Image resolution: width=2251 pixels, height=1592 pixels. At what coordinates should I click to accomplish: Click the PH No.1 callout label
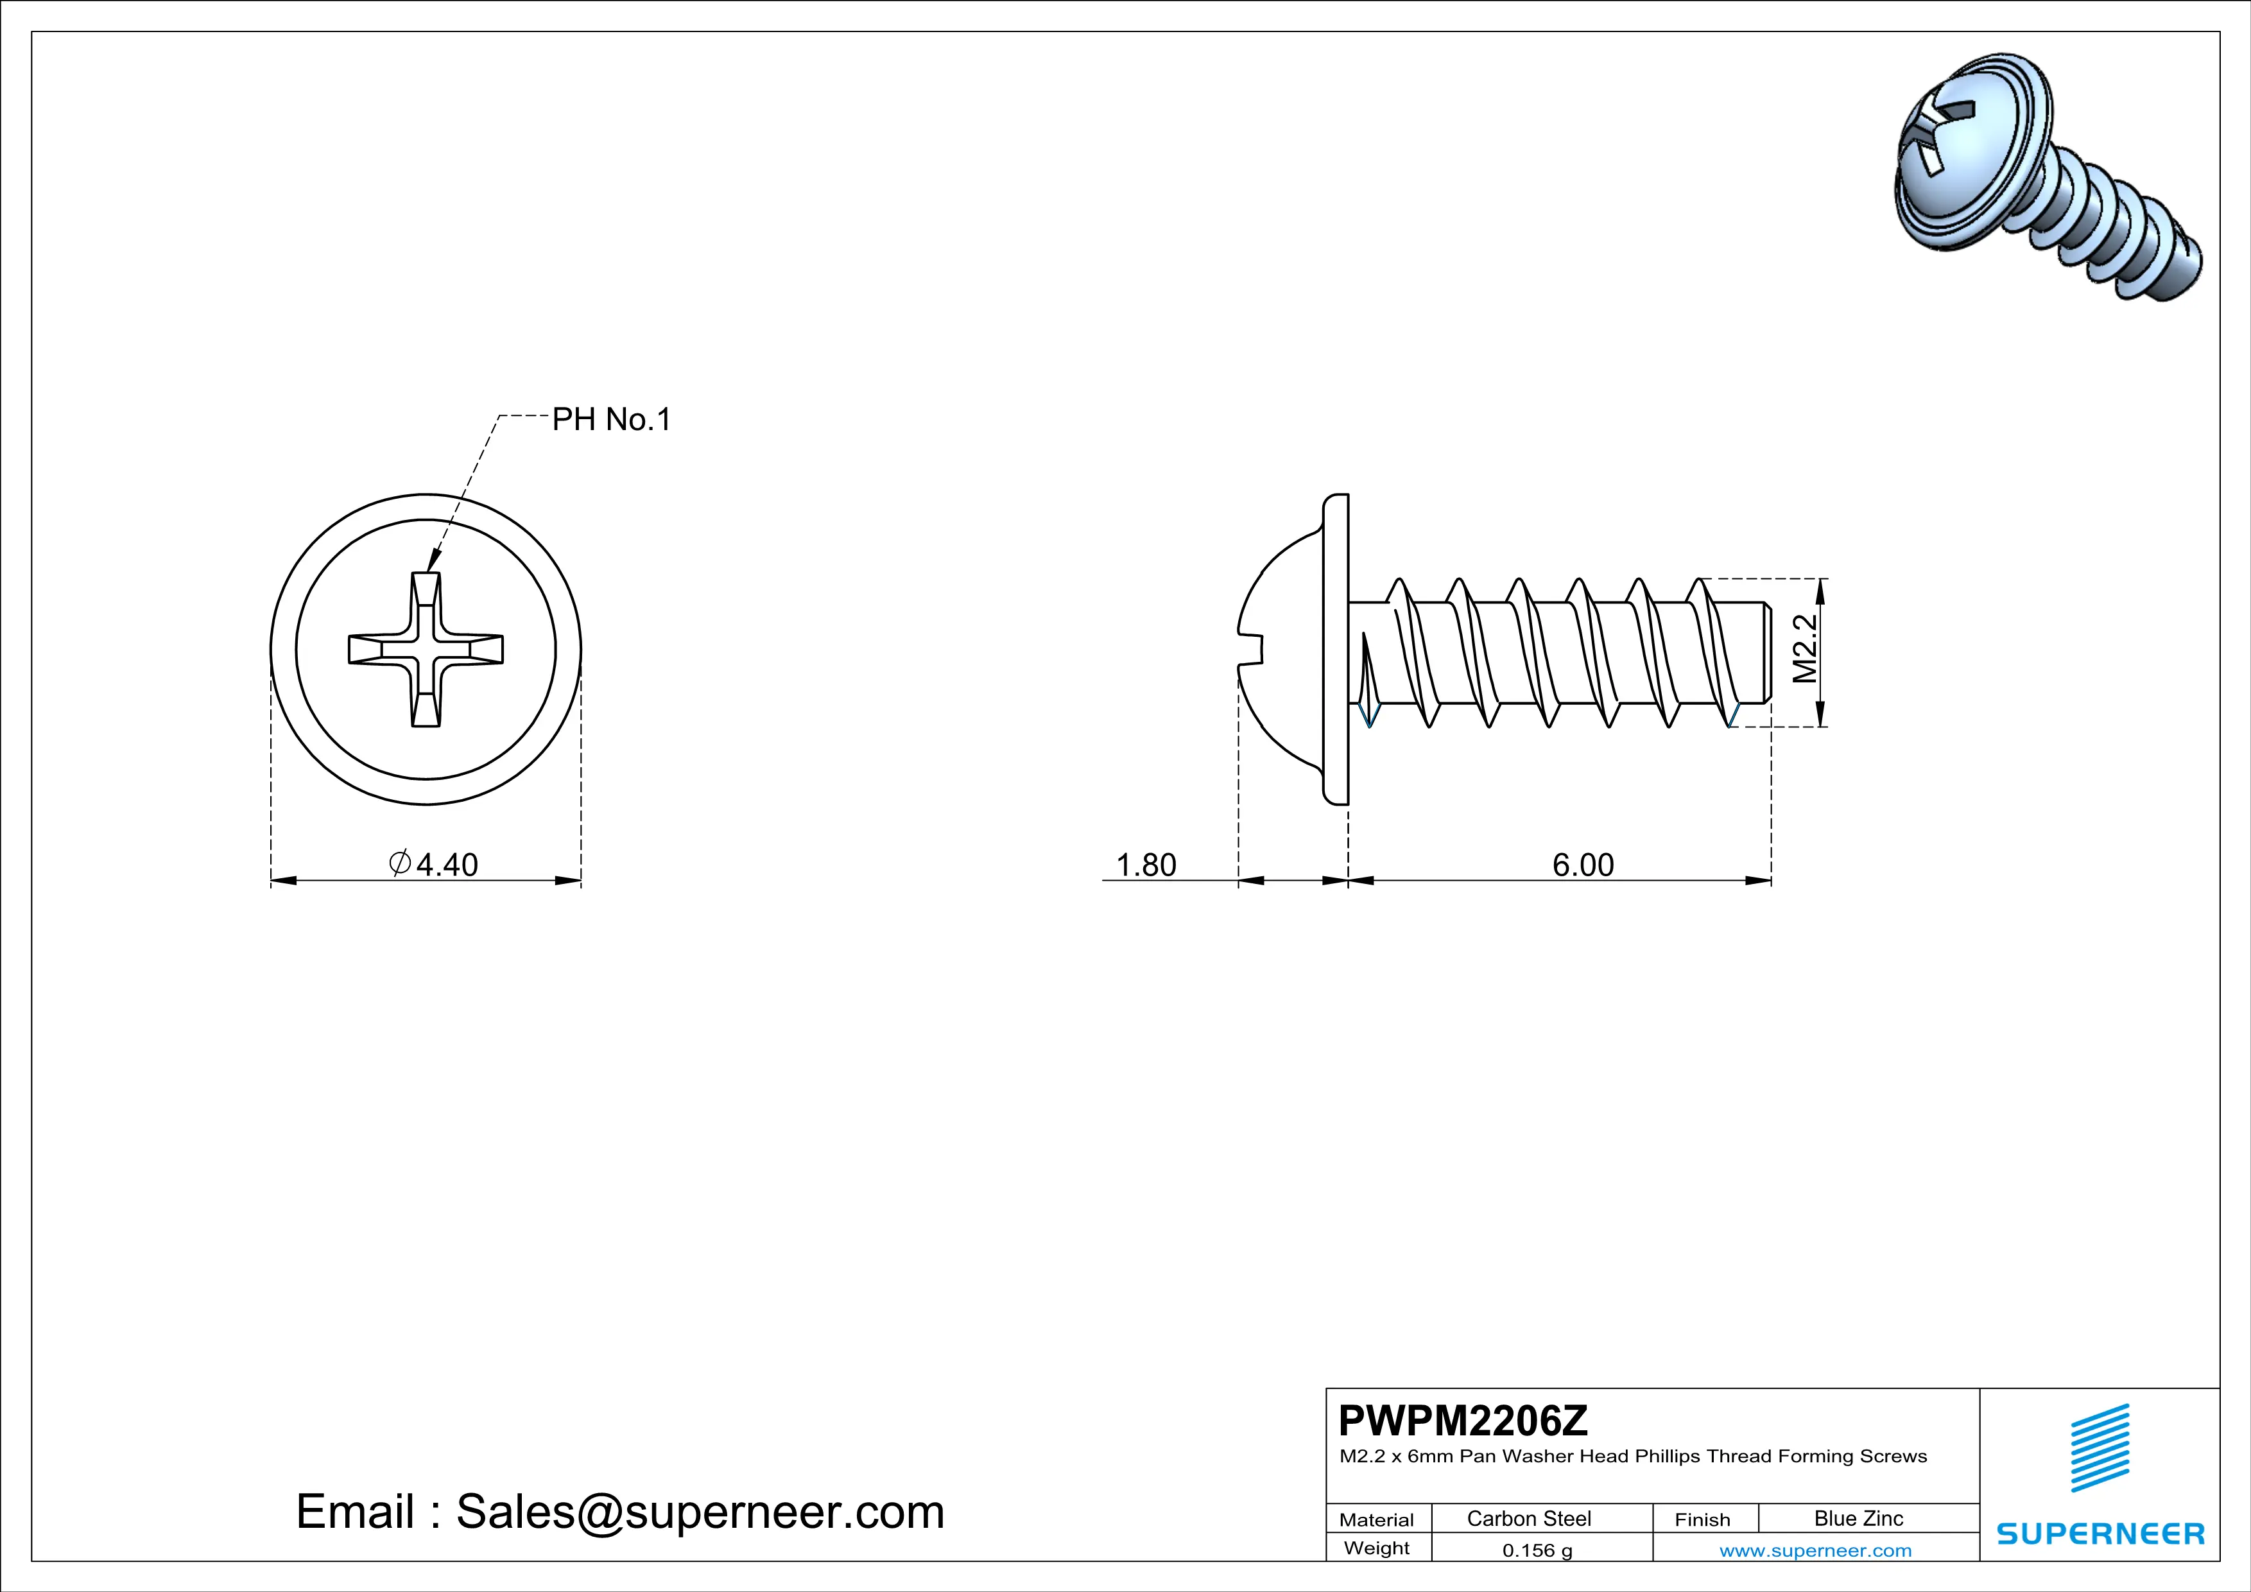pos(611,420)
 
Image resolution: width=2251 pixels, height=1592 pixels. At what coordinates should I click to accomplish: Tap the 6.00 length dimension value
pos(1582,865)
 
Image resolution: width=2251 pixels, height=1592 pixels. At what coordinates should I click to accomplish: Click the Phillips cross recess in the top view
pos(426,650)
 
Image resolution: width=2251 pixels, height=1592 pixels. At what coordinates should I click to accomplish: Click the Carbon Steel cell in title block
pos(1528,1518)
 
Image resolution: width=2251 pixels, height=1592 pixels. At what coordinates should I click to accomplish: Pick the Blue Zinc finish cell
pos(1858,1518)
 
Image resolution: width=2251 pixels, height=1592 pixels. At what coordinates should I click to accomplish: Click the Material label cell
pos(1377,1519)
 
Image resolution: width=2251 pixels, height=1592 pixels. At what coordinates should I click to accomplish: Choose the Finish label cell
pos(1702,1519)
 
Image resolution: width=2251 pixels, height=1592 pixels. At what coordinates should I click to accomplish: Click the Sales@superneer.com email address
pos(700,1512)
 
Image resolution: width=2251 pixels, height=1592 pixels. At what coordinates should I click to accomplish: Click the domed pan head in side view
pos(1284,649)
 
